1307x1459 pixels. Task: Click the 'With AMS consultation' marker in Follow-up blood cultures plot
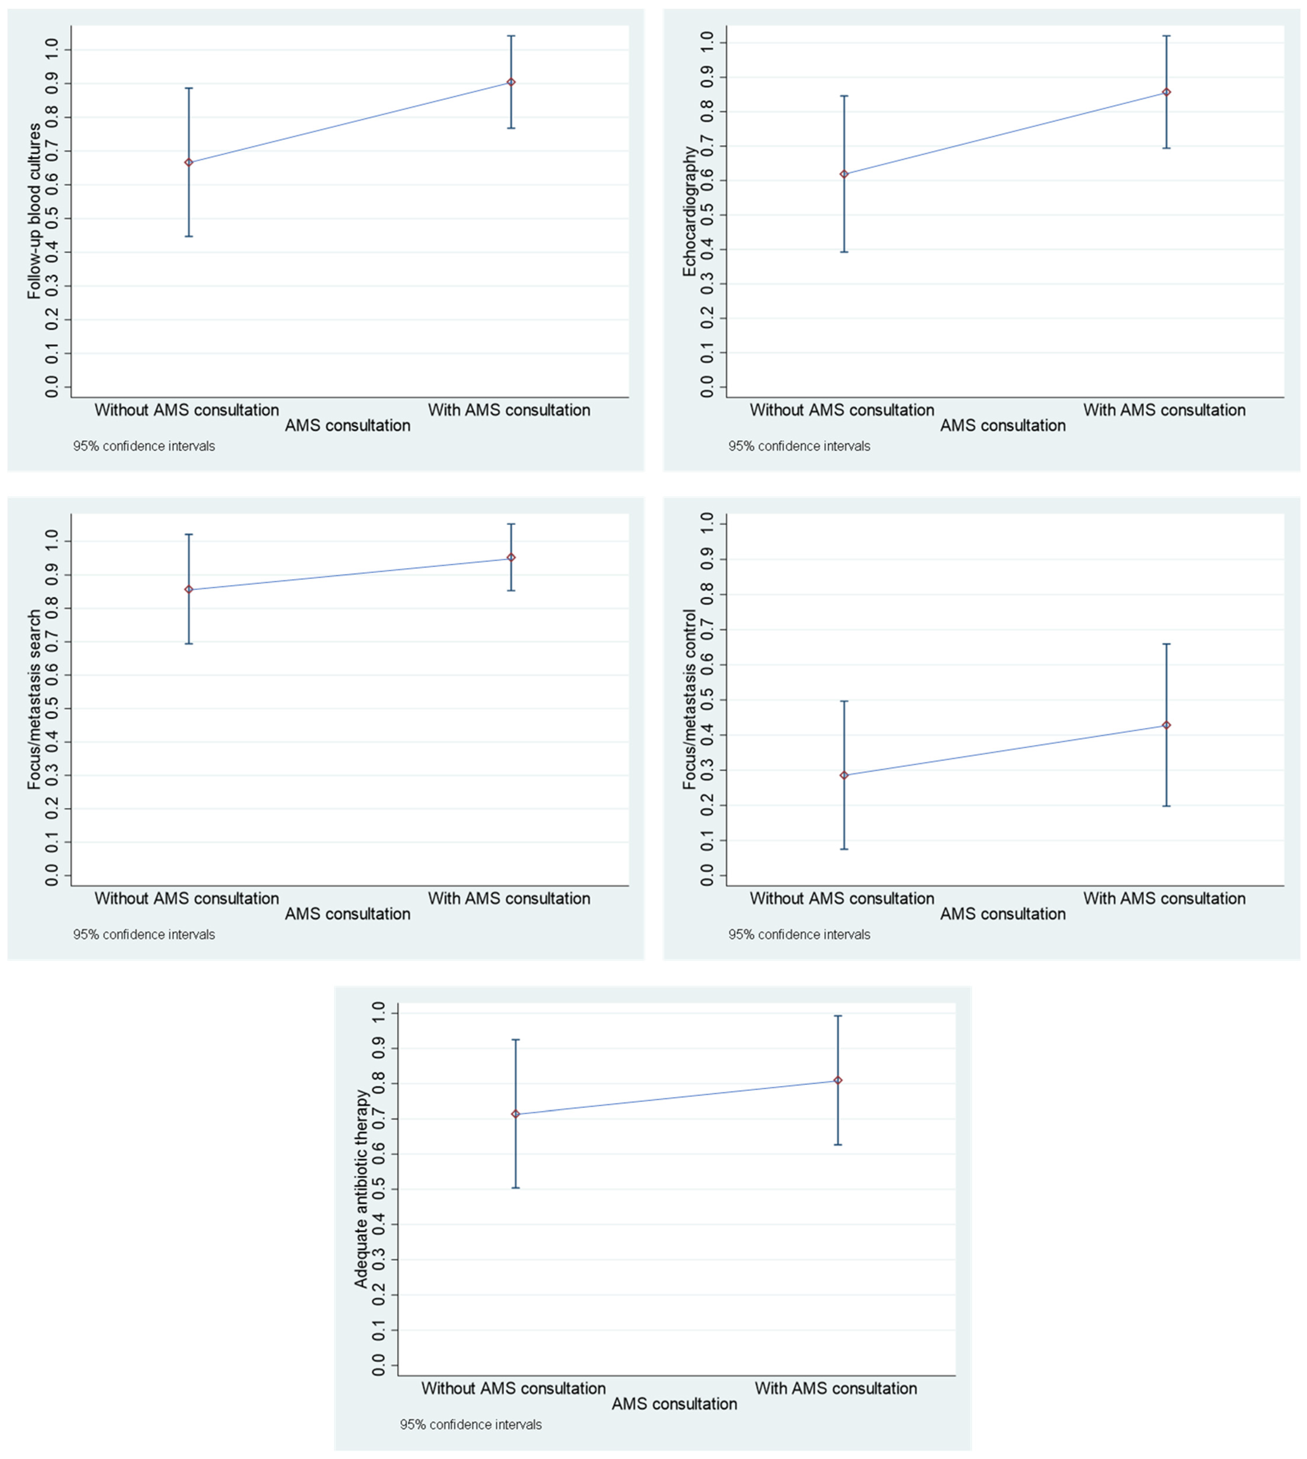(x=511, y=83)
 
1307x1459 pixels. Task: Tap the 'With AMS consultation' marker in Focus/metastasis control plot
(x=1166, y=725)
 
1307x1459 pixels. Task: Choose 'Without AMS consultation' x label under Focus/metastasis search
(x=187, y=898)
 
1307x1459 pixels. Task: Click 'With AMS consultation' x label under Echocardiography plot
(x=1164, y=410)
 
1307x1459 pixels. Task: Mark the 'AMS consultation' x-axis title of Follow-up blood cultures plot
(x=348, y=426)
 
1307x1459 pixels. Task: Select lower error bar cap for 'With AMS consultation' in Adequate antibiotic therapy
(x=837, y=1145)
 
